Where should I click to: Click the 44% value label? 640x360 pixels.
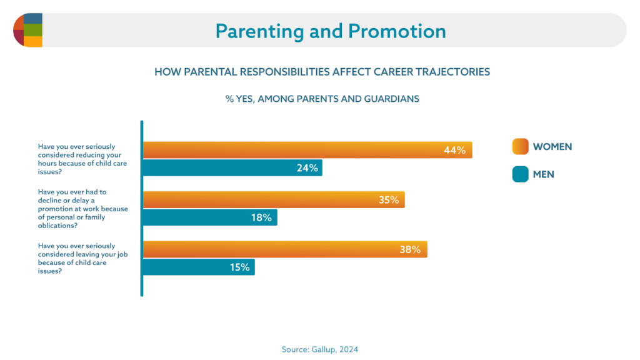click(x=454, y=150)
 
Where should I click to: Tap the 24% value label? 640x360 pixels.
click(x=307, y=167)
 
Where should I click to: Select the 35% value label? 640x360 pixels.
click(x=388, y=200)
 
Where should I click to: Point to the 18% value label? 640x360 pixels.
click(x=261, y=217)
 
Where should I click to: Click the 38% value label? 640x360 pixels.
click(x=410, y=250)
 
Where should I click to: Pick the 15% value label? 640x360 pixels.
click(x=239, y=267)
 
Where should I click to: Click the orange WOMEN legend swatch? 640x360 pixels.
click(x=520, y=147)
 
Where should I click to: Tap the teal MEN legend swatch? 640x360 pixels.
click(x=520, y=174)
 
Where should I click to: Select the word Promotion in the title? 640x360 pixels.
click(x=397, y=31)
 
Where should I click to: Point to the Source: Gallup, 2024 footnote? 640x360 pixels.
click(x=320, y=349)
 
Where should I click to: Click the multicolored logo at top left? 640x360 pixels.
click(x=27, y=30)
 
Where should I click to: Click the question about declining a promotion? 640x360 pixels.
click(x=82, y=209)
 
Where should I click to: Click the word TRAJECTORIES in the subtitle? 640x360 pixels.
click(x=449, y=72)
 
